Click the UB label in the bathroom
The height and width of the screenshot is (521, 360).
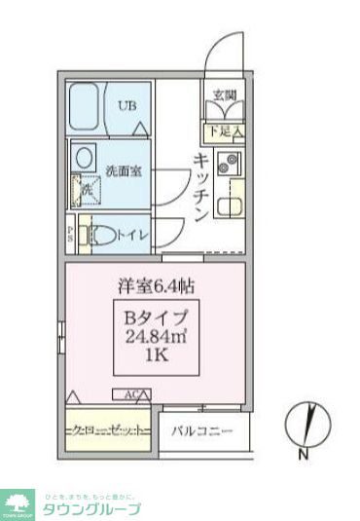point(127,106)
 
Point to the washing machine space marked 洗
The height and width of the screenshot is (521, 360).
point(85,190)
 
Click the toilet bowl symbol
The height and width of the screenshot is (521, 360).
point(96,235)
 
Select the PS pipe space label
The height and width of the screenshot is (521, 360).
point(72,234)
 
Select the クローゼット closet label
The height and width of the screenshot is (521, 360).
point(108,429)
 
